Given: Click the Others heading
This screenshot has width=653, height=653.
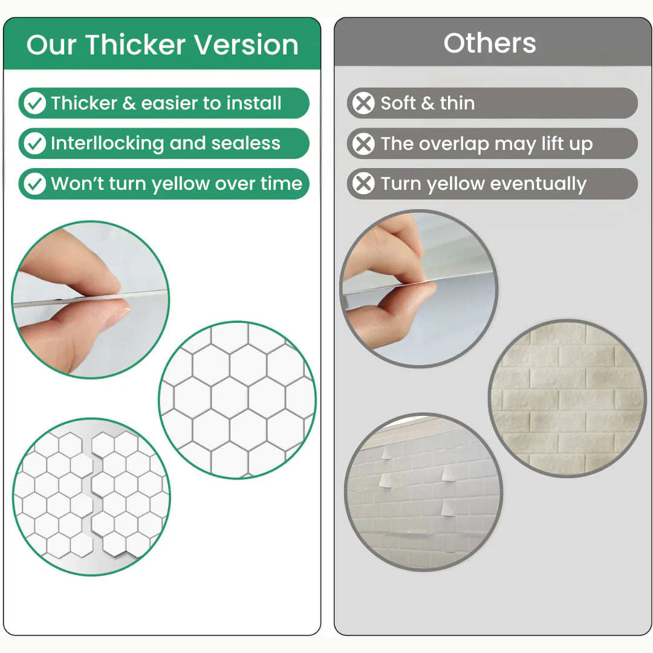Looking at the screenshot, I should click(490, 43).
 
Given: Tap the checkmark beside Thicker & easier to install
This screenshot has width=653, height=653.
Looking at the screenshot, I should click(34, 103).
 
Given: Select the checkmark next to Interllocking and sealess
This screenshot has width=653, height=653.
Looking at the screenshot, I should click(34, 143).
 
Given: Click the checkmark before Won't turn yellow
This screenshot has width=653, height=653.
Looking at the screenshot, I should click(34, 184).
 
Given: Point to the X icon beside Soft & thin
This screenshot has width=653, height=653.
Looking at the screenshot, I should click(363, 103).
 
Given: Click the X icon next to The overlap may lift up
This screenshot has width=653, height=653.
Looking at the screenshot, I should click(363, 144).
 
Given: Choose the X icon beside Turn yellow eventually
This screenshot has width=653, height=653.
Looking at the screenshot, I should click(363, 184).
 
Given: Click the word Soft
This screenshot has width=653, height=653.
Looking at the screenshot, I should click(398, 103).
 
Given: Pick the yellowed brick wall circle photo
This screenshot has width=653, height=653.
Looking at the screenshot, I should click(567, 398).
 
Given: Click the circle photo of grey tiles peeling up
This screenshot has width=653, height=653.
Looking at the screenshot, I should click(423, 493).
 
